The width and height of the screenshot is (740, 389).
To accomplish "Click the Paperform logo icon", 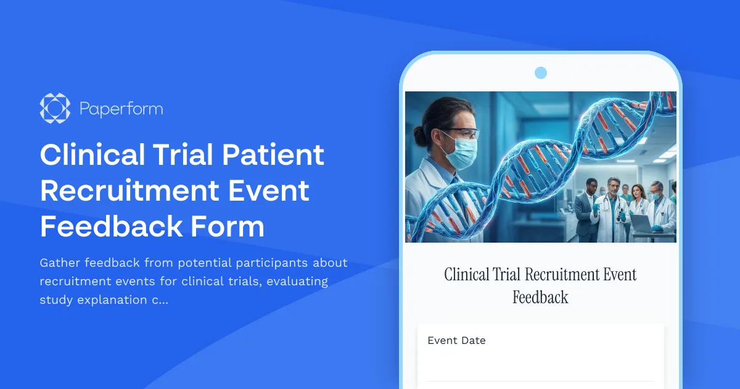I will (55, 109).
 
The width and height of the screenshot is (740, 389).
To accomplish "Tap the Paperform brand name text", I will (121, 109).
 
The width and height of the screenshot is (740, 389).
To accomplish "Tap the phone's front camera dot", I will (541, 73).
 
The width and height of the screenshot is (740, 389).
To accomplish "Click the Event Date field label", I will (456, 340).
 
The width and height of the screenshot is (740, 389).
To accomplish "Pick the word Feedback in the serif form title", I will (540, 298).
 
